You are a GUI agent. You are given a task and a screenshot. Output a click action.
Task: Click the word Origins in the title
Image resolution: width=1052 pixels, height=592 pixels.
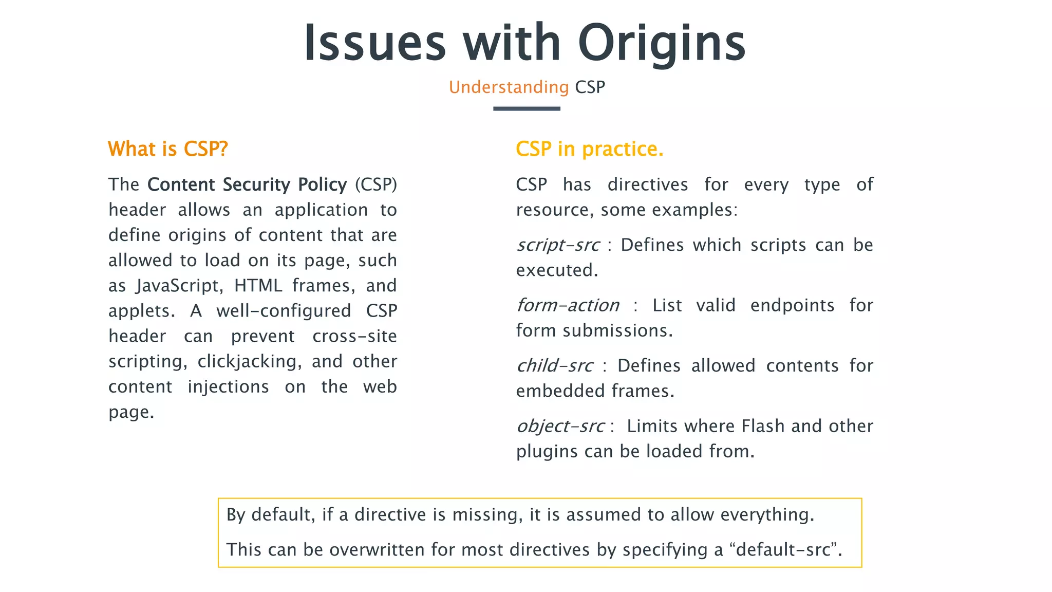pos(661,44)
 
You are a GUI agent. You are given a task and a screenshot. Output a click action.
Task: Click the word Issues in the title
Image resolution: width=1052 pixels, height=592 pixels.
pos(374,44)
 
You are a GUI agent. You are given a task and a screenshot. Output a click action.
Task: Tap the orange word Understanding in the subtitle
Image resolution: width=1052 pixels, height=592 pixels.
pos(509,87)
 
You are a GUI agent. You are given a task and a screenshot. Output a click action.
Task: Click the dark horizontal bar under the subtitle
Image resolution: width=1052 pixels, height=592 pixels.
pos(527,108)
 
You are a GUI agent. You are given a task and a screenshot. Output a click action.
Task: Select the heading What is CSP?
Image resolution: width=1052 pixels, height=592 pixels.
pos(167,149)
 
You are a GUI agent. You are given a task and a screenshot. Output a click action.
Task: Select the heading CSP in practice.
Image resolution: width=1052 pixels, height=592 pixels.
pos(589,149)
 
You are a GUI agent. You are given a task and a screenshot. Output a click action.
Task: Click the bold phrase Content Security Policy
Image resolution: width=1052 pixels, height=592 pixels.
pos(247,184)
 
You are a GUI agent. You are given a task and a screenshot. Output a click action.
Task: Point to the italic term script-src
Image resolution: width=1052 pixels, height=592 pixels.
pos(558,245)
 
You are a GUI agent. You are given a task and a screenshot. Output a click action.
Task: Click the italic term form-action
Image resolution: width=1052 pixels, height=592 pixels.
pos(568,306)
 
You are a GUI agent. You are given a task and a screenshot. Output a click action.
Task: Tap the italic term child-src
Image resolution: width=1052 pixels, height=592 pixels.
pos(555,366)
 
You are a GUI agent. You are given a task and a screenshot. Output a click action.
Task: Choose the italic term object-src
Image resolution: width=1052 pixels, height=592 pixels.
pos(560,427)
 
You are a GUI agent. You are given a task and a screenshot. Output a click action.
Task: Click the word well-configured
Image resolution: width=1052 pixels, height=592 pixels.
pos(284,311)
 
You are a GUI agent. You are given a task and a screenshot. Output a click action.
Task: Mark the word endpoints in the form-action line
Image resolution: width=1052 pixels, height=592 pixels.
pos(792,306)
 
